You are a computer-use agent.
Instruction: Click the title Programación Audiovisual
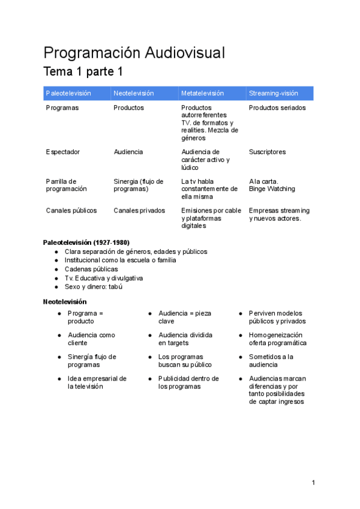134,53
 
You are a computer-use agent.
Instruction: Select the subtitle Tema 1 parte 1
83,72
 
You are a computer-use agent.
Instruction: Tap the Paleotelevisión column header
68,93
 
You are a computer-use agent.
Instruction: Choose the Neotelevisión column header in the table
134,93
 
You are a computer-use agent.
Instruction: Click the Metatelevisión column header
202,93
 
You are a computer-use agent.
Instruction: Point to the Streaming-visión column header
274,93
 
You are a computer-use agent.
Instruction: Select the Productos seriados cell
277,108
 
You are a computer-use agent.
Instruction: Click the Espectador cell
63,152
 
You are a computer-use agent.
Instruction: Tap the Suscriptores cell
268,152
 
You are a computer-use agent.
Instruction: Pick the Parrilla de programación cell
66,185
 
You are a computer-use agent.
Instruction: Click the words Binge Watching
272,189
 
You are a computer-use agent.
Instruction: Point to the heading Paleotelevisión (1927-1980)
86,242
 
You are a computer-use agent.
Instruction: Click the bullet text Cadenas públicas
91,269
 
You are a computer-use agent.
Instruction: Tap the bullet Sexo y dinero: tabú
93,287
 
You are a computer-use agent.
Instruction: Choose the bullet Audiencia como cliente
91,339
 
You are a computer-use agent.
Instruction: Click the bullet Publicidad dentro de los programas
188,383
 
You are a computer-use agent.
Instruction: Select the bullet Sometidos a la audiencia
271,361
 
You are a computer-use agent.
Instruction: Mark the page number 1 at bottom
313,483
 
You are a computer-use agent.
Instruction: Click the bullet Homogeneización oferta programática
278,339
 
